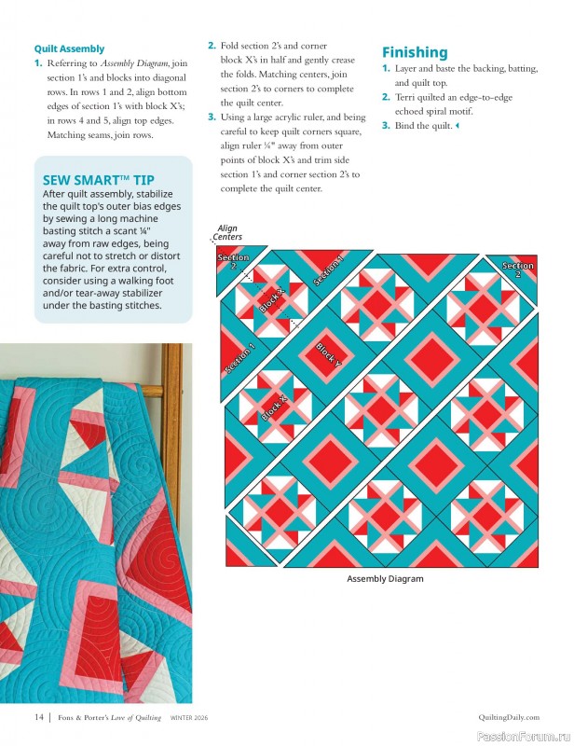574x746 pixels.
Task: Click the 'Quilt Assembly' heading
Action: [x=69, y=48]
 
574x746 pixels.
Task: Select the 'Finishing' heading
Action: [x=415, y=52]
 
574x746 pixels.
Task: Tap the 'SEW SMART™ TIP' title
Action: [x=99, y=180]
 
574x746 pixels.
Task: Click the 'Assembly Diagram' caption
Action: [x=385, y=579]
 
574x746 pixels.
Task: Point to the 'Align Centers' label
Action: [x=227, y=232]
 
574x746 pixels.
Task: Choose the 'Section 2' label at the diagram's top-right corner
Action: [x=518, y=269]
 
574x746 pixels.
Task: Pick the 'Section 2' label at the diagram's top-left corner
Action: [x=233, y=261]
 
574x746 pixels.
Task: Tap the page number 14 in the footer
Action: [x=39, y=717]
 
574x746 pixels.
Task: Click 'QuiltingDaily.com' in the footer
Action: [x=506, y=717]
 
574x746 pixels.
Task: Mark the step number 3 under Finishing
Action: [x=386, y=125]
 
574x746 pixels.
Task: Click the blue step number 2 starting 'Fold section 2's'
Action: [x=212, y=45]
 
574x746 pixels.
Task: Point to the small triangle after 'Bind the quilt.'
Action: [x=458, y=126]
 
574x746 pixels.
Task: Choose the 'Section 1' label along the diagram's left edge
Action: [x=239, y=359]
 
